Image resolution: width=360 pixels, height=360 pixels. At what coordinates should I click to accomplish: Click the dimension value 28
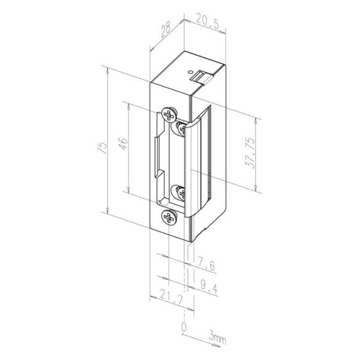click(166, 30)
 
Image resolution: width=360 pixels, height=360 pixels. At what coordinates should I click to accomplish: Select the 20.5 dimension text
click(208, 23)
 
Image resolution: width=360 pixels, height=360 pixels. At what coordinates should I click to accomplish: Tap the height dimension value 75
click(103, 148)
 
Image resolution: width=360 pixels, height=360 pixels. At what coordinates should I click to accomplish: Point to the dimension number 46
click(123, 144)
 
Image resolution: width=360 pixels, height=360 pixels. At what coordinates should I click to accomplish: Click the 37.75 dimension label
click(250, 153)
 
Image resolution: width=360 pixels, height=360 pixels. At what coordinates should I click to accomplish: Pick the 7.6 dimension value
click(206, 264)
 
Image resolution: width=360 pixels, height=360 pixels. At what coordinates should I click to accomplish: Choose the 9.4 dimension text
click(209, 287)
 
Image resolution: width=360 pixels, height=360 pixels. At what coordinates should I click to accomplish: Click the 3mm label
click(217, 337)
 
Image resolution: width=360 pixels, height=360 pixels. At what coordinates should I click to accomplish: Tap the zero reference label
click(184, 326)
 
